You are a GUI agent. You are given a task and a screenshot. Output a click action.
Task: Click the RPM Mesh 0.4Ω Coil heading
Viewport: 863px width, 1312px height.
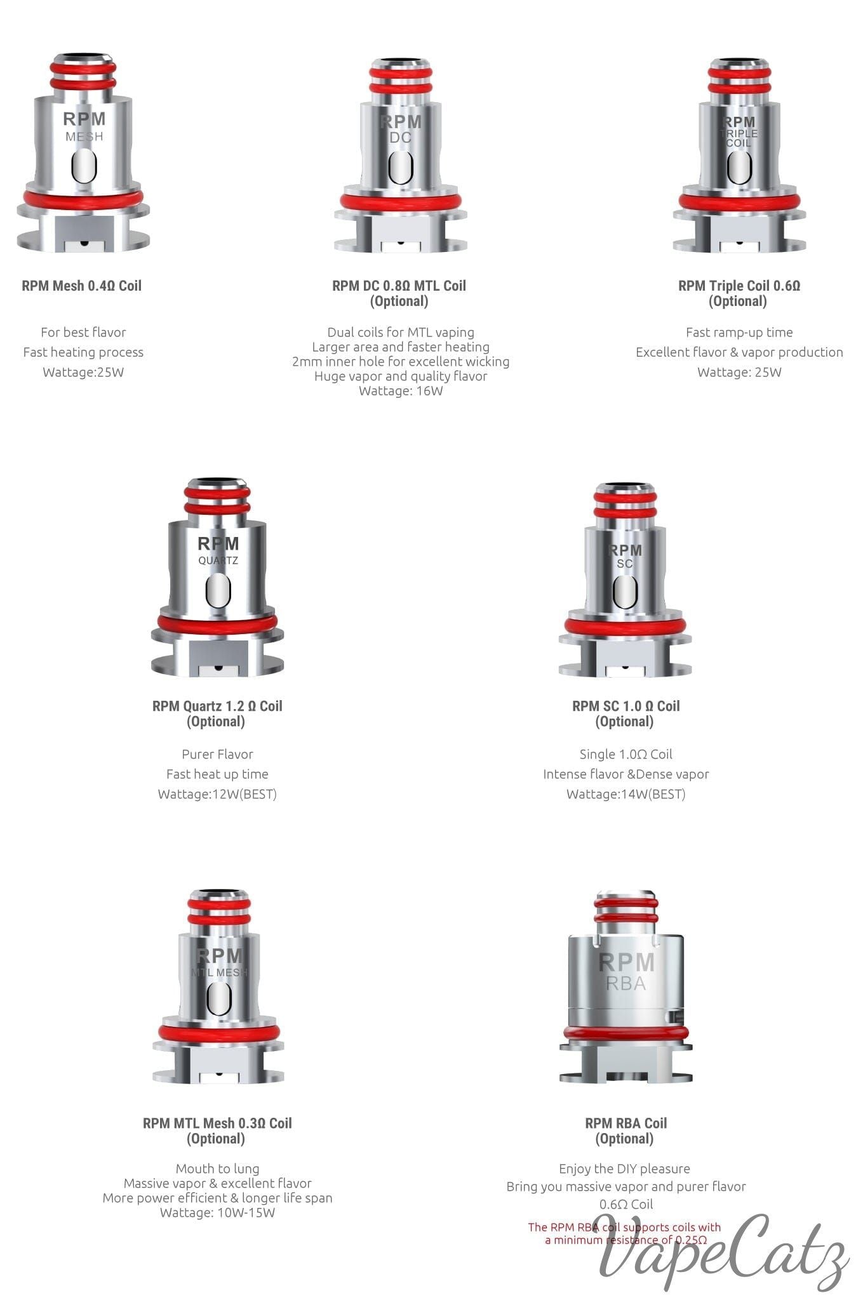click(x=82, y=286)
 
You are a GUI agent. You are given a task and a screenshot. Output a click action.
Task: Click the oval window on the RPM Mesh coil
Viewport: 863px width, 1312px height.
click(x=84, y=166)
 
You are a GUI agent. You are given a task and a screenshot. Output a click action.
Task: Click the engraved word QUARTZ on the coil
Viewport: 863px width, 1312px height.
click(x=218, y=560)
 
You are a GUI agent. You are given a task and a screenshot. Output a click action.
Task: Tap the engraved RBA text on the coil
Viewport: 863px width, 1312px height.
click(x=626, y=983)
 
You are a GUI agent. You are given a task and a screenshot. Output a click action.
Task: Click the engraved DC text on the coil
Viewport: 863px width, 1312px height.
click(x=401, y=138)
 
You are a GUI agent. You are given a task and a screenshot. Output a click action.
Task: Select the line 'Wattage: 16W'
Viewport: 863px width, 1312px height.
click(x=401, y=391)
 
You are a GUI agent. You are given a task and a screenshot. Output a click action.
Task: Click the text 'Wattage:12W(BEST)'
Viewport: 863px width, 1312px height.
click(x=217, y=794)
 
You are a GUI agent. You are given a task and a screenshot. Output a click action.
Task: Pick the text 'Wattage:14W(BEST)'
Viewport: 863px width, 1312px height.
click(x=626, y=794)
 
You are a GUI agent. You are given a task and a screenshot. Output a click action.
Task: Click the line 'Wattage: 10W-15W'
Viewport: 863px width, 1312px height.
click(x=217, y=1213)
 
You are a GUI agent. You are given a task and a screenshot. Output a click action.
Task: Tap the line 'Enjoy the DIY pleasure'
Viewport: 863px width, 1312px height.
click(x=624, y=1169)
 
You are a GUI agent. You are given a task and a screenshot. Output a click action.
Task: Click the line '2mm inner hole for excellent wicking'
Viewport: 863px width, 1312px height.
click(x=401, y=362)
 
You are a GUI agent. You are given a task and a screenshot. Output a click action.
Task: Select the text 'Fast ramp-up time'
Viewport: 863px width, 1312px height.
click(x=739, y=333)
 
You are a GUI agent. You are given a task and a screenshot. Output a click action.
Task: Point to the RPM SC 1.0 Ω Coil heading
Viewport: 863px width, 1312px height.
click(x=626, y=706)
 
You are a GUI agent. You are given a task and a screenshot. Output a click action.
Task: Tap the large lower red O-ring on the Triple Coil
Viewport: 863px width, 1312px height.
click(x=739, y=202)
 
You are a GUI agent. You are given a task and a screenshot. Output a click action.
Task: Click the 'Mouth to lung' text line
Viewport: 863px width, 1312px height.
click(x=217, y=1169)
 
